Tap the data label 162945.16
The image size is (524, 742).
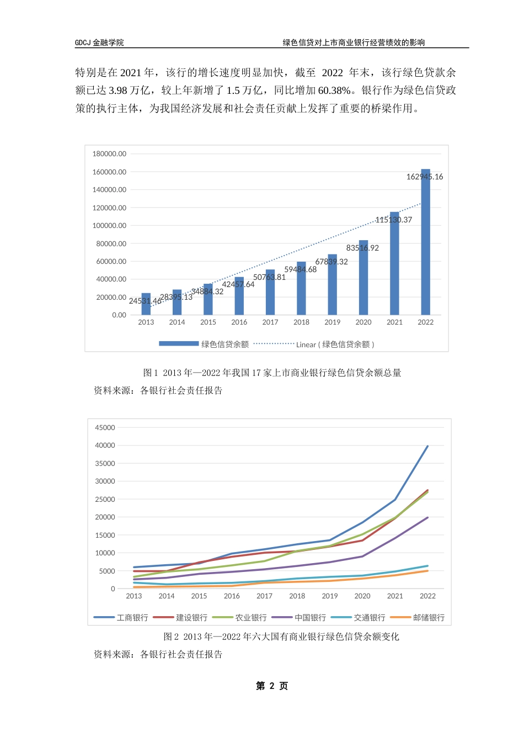[x=424, y=177]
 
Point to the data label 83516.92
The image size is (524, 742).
[x=362, y=248]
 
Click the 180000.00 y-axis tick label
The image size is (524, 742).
[x=109, y=154]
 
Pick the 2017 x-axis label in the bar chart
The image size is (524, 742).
[x=270, y=322]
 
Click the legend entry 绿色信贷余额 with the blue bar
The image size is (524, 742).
[x=204, y=344]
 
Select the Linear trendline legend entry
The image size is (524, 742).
[x=314, y=344]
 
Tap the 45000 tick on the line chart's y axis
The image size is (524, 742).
[x=105, y=428]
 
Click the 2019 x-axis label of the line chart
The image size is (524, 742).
[x=330, y=596]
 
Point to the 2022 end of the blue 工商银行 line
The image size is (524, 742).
[x=427, y=446]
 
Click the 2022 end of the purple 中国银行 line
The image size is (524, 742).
[x=427, y=518]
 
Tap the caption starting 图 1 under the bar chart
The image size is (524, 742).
[x=272, y=373]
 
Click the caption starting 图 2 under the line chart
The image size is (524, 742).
[x=281, y=637]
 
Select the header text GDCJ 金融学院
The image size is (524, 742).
[x=99, y=43]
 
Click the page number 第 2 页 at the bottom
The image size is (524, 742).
[x=272, y=686]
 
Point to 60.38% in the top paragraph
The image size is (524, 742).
[x=333, y=91]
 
